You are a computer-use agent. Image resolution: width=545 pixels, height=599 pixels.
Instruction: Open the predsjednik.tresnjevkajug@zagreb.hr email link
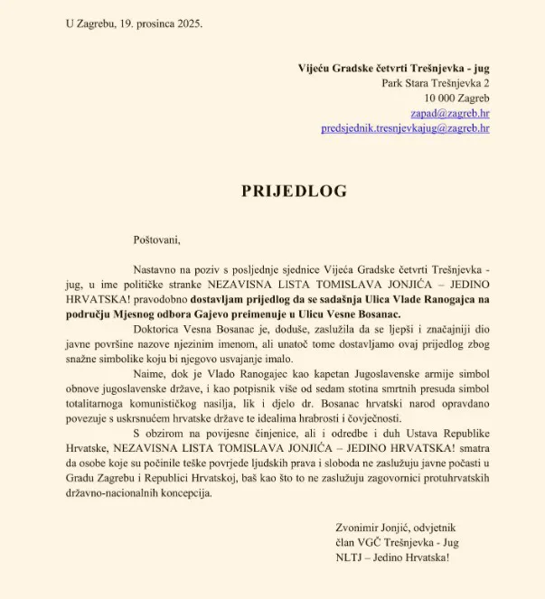click(405, 128)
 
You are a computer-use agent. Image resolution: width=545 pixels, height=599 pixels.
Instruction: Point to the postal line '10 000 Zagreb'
click(457, 98)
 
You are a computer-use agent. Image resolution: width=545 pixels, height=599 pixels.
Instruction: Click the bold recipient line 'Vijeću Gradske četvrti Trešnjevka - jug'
click(395, 68)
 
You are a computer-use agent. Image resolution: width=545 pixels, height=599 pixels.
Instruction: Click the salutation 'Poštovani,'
click(157, 239)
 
